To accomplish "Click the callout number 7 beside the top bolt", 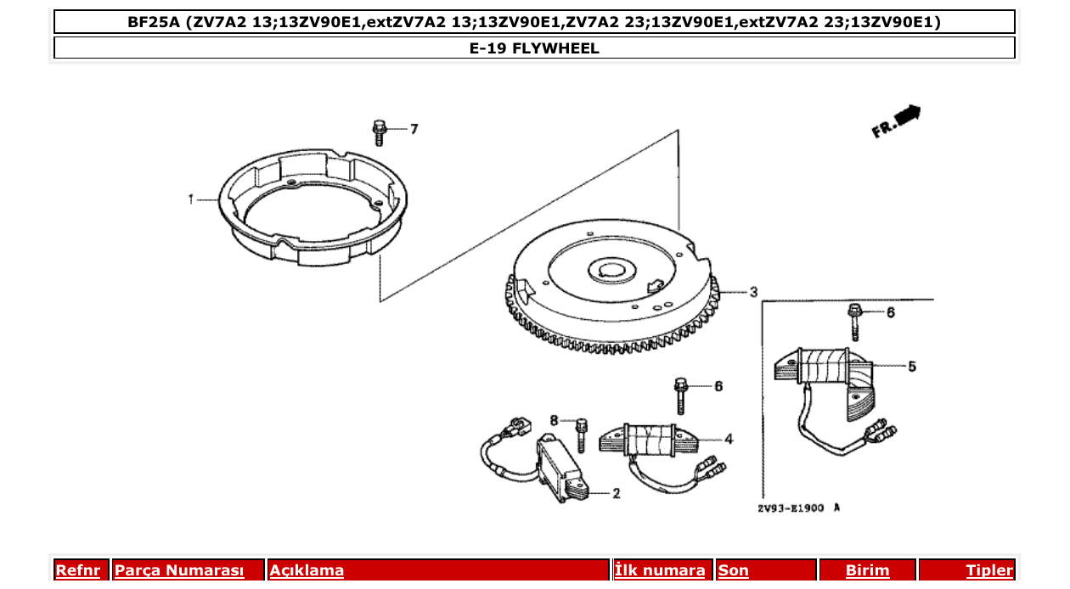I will [414, 129].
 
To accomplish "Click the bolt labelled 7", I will [379, 133].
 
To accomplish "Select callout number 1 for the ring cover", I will [192, 199].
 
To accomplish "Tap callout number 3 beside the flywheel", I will [752, 292].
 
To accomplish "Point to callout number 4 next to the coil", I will [729, 439].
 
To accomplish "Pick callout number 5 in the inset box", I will [912, 367].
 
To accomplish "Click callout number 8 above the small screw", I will [554, 420].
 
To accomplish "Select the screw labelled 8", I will [582, 435].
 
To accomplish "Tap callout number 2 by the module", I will [616, 493].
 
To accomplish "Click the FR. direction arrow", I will [896, 121].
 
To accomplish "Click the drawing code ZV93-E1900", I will [791, 508].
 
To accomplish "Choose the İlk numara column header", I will [660, 570].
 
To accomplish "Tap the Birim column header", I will [867, 570].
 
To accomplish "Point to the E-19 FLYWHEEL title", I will [534, 48].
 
